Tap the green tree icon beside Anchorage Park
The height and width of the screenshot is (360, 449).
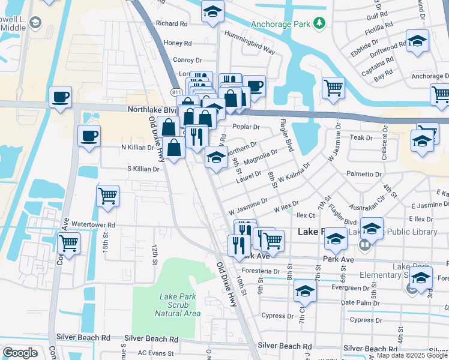[x=321, y=23]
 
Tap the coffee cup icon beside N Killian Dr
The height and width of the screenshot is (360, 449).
[x=89, y=136]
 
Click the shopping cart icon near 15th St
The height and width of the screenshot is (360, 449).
[x=108, y=196]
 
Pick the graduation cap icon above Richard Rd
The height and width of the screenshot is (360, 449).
[x=212, y=12]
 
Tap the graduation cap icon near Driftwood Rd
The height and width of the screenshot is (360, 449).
[x=417, y=41]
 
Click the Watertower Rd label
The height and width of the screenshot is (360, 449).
[x=93, y=224]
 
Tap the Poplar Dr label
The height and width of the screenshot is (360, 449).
[x=247, y=127]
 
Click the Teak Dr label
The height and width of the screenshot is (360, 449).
[x=361, y=137]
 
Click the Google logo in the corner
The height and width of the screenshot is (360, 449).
[x=20, y=353]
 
